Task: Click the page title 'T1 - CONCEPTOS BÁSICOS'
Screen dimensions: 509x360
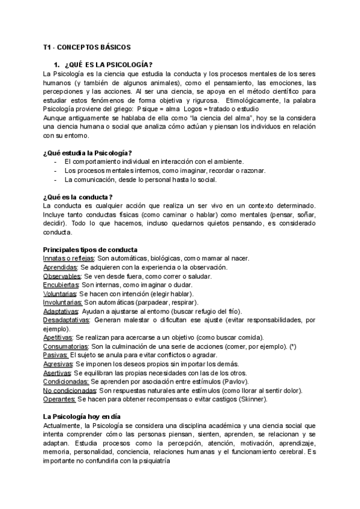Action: coord(86,47)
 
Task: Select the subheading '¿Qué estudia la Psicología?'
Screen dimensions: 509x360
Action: coord(88,153)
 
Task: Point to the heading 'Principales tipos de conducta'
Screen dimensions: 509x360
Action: coord(90,250)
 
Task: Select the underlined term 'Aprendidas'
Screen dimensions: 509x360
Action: coord(59,267)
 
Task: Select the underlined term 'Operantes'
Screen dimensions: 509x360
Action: coord(59,400)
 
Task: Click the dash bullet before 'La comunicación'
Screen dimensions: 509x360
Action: coord(55,179)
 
